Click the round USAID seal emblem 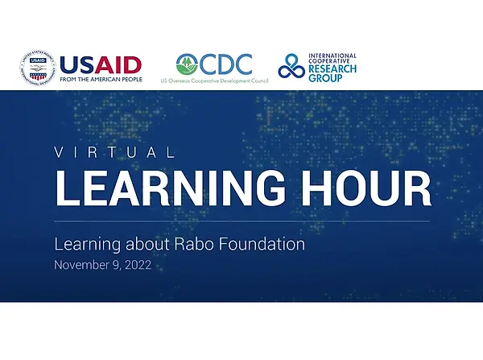pos(38,68)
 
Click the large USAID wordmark pos(101,65)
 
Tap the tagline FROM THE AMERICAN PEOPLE pos(101,80)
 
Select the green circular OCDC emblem pos(187,64)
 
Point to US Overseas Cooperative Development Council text pos(214,81)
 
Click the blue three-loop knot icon pos(291,66)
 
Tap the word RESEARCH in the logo pos(332,68)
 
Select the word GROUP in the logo pos(325,78)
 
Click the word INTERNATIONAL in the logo pos(332,56)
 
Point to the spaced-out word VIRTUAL pos(114,152)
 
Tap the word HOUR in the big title pos(366,188)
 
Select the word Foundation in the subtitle pos(262,244)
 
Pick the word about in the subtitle pos(147,244)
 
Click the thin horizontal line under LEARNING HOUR pos(242,221)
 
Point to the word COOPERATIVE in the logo pos(329,61)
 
